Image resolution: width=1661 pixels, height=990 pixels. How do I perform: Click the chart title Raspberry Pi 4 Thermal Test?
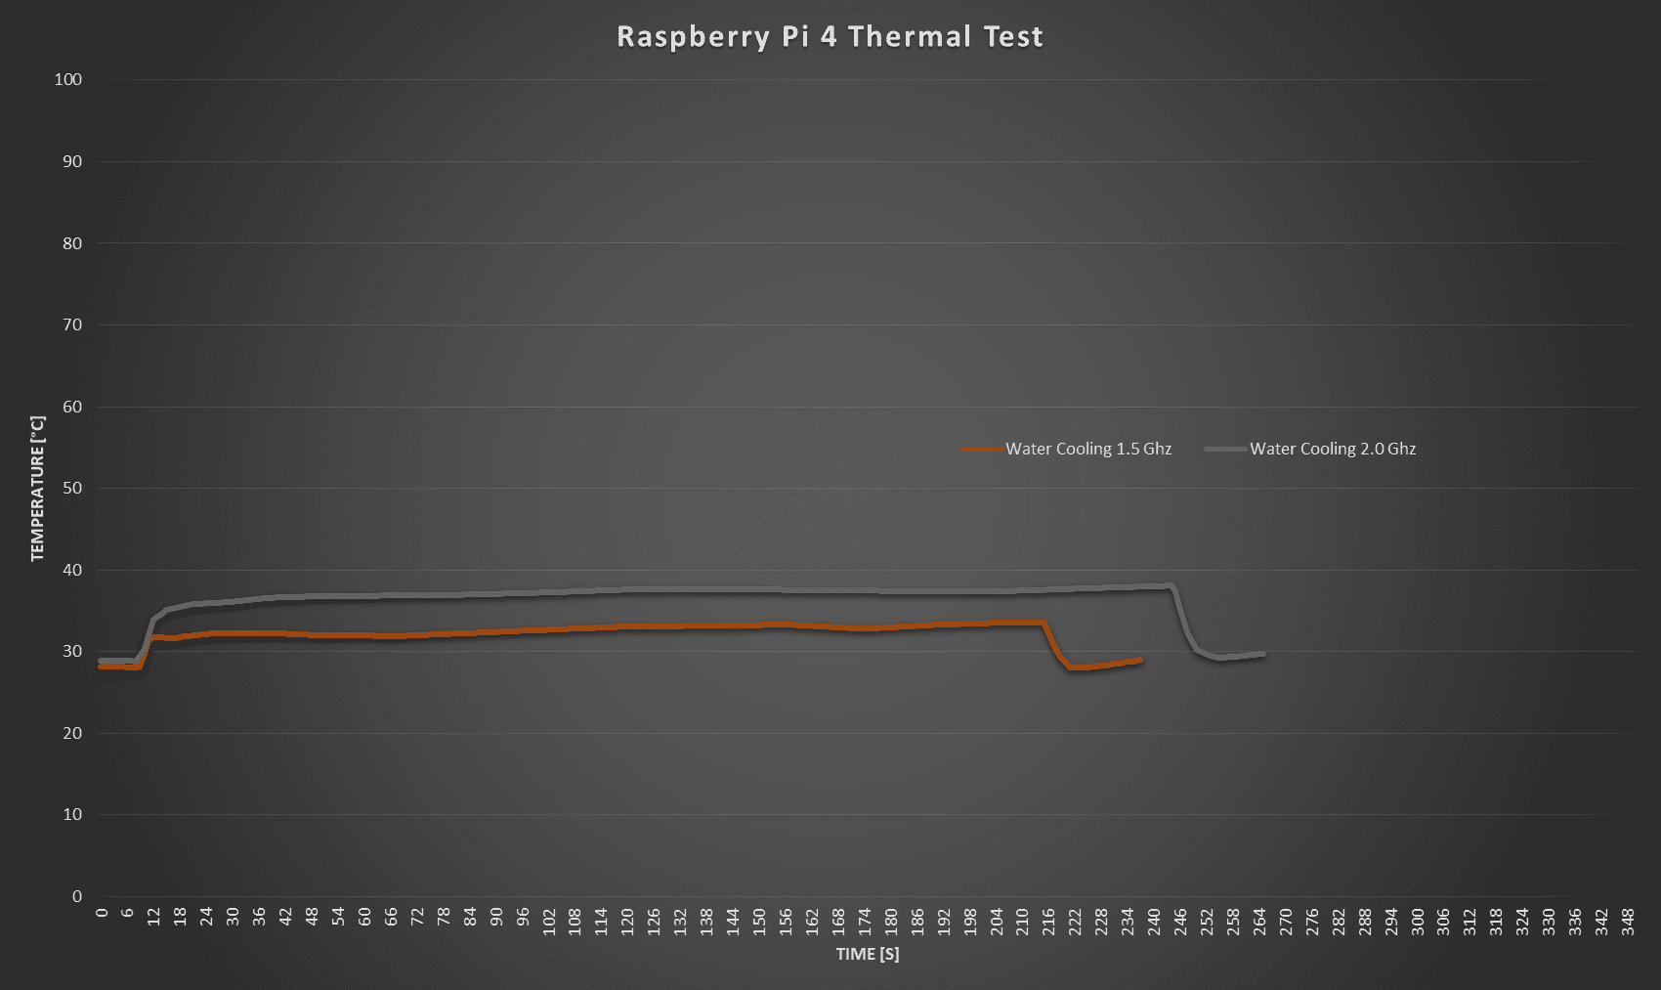830,37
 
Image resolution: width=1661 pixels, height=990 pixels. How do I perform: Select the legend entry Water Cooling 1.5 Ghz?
1087,450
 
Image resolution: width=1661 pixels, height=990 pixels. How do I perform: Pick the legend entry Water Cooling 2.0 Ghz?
1332,450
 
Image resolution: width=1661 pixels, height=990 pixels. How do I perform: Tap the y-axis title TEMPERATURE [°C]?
38,489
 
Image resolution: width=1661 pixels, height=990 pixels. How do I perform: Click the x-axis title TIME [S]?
867,955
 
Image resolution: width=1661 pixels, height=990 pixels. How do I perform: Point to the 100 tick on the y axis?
68,80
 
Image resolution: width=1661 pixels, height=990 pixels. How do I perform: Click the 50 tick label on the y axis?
72,489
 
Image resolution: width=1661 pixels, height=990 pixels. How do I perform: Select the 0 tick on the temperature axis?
77,896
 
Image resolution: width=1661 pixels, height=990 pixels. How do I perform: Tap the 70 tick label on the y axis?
72,325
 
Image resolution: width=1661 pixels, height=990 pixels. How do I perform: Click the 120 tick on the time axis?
627,921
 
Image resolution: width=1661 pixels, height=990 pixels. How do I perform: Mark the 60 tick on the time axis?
364,921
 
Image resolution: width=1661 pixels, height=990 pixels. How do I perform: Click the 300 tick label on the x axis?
1417,921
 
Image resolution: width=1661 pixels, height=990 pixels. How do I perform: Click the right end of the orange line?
1140,661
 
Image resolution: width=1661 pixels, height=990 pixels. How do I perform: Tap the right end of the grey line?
1263,654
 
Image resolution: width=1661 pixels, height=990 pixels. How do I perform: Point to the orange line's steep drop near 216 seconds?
1053,646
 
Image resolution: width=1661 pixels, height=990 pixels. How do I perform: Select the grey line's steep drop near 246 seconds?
1183,621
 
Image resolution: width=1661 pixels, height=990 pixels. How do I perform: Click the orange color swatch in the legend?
982,450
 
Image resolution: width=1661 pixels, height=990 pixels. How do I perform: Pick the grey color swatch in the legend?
1225,450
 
